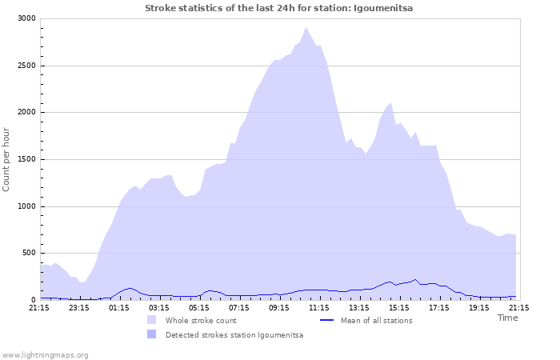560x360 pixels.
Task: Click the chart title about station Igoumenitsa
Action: point(279,8)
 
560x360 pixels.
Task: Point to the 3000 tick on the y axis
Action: point(26,18)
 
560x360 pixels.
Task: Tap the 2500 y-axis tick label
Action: point(26,66)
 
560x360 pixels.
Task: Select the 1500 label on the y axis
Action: point(26,159)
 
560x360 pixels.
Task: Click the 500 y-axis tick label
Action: point(28,253)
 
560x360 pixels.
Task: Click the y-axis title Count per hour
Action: point(7,159)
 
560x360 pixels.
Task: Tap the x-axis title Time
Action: point(507,318)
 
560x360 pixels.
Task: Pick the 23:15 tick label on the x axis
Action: point(79,307)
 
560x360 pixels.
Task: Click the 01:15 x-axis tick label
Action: point(119,307)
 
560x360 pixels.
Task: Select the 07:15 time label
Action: point(239,307)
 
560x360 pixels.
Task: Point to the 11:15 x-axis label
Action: point(319,307)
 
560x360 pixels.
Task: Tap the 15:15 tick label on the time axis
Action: point(399,307)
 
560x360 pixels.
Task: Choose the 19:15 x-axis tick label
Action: point(479,307)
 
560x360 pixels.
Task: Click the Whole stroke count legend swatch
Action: point(151,320)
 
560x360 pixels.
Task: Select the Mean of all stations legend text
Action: point(377,321)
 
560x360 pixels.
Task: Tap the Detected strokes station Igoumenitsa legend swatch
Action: point(151,334)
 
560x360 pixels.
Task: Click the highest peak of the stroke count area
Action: point(306,28)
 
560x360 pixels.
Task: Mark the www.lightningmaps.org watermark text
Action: point(45,354)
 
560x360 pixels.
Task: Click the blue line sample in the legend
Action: point(326,320)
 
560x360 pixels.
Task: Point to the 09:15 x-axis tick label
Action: point(279,307)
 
